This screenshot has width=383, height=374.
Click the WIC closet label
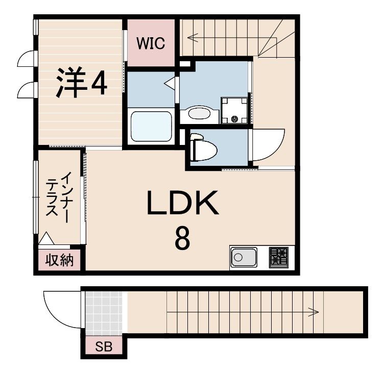(x=151, y=43)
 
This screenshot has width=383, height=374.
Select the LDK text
(x=183, y=203)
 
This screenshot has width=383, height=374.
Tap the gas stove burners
(x=279, y=257)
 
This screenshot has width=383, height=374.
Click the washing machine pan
(x=234, y=110)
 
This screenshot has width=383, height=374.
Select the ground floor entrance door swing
(x=62, y=309)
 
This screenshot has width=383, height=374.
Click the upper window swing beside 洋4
(x=26, y=60)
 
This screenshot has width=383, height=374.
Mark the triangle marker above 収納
(x=46, y=239)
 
